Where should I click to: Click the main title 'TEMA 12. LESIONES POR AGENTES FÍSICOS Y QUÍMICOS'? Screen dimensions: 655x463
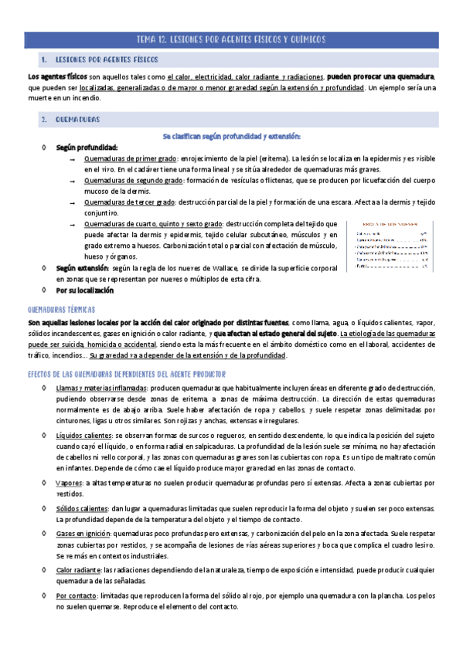click(231, 39)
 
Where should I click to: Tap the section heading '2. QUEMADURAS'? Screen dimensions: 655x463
click(77, 120)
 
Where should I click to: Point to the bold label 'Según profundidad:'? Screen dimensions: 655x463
click(87, 147)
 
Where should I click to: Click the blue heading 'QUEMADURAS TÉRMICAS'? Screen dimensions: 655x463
click(60, 307)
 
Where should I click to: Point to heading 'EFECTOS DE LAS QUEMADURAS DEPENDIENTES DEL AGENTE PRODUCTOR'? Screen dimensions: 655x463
click(127, 372)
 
